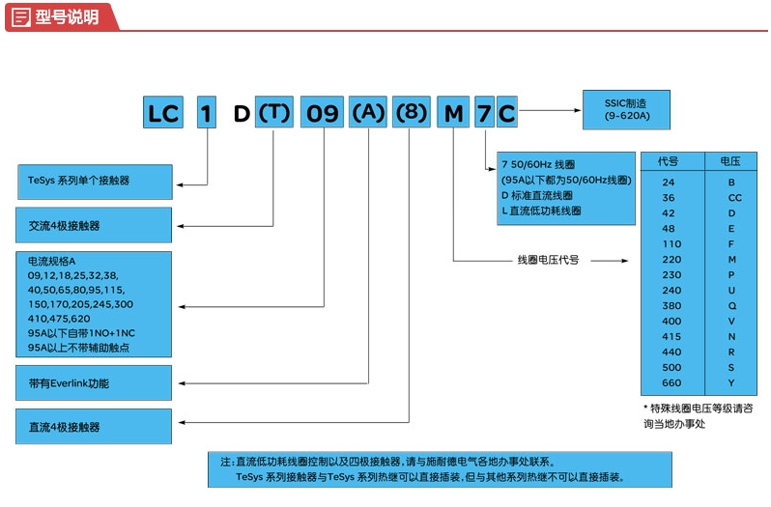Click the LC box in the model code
click(x=162, y=113)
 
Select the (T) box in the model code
click(x=274, y=113)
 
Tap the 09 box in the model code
click(x=322, y=113)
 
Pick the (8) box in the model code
click(x=412, y=113)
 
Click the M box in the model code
click(x=453, y=113)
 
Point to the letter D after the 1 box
click(x=241, y=114)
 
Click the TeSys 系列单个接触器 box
click(x=94, y=182)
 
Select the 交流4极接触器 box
click(x=94, y=226)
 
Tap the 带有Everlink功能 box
click(x=94, y=383)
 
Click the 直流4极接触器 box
click(x=94, y=426)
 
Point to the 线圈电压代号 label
click(x=547, y=260)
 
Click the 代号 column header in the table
click(x=669, y=161)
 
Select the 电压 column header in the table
click(x=731, y=161)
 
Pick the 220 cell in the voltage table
click(x=671, y=260)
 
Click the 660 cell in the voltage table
click(x=671, y=383)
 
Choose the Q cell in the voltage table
click(x=732, y=306)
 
